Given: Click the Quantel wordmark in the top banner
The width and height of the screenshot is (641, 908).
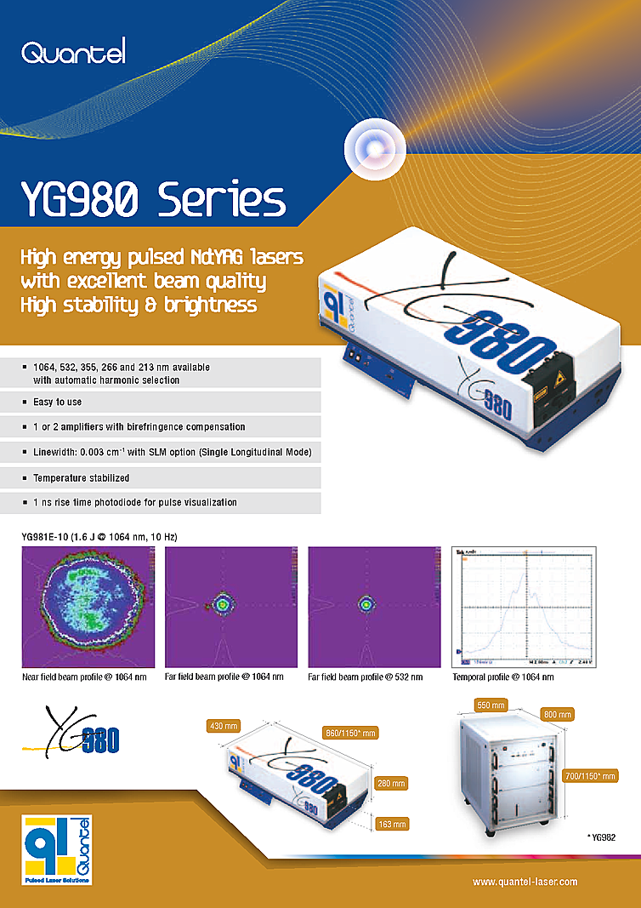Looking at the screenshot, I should [x=73, y=54].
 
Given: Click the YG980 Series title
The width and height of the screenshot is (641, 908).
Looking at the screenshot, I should [x=153, y=201].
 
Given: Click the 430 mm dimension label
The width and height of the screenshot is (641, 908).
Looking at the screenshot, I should [x=224, y=726].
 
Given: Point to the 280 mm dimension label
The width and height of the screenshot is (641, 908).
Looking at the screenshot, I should [x=391, y=783].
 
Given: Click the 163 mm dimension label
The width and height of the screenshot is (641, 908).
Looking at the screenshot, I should [x=391, y=824].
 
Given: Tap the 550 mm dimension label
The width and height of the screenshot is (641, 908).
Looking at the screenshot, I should [x=491, y=705].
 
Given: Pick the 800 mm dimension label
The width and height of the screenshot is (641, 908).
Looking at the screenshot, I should [x=556, y=714].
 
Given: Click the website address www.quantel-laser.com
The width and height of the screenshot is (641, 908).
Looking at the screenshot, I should [x=525, y=882].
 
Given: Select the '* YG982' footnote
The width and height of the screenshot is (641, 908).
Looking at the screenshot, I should [x=600, y=838].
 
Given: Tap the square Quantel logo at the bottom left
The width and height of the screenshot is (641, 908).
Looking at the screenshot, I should [x=57, y=851].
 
